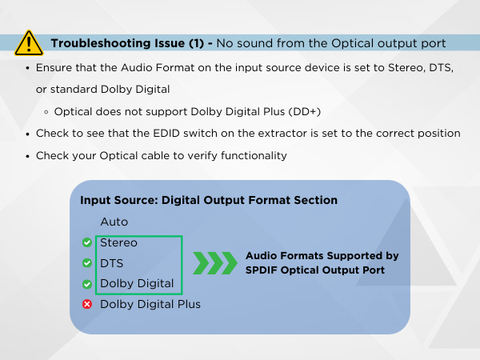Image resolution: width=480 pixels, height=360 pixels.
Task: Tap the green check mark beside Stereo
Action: click(86, 242)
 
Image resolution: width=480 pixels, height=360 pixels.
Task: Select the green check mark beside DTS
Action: click(86, 263)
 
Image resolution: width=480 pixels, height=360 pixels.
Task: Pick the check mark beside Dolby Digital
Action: click(86, 284)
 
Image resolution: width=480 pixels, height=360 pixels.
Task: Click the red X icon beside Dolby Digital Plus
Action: click(86, 305)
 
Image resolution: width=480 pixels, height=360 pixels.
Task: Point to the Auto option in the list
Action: click(114, 222)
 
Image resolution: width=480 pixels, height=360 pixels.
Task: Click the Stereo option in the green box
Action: click(118, 242)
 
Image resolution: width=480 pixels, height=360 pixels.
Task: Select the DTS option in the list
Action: click(111, 263)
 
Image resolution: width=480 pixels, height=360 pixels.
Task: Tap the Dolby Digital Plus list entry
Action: click(150, 305)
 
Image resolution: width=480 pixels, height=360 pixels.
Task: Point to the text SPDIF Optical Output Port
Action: click(315, 270)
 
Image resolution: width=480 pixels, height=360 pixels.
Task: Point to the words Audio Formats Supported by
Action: click(322, 256)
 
